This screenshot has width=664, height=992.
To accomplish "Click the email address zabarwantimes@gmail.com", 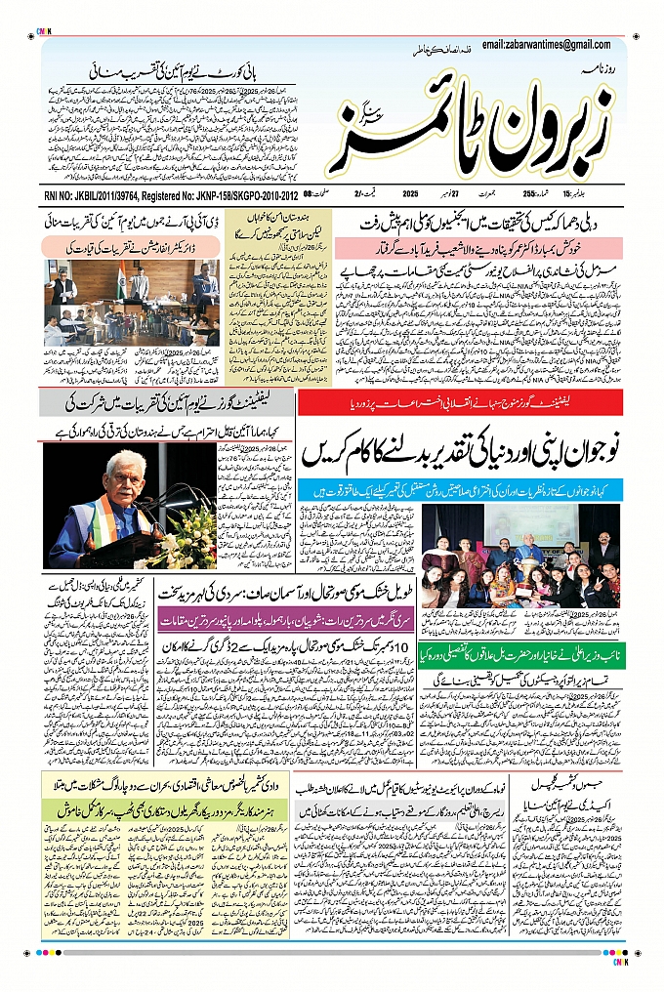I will click(553, 45).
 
